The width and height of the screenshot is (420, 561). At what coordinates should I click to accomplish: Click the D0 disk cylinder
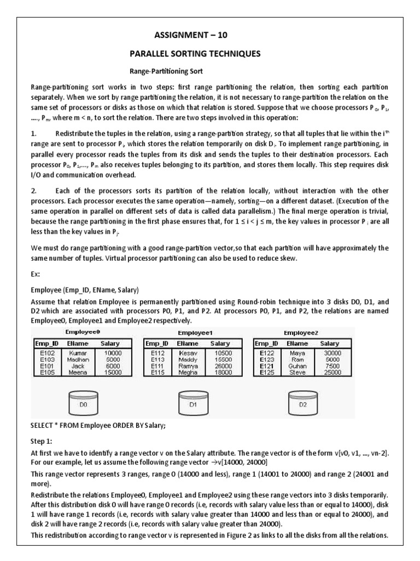83,404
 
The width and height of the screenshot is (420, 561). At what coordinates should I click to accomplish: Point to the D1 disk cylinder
192,404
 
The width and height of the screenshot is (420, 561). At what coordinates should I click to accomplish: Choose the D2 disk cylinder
302,404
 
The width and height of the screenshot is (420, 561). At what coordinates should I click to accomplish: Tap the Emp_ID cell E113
157,360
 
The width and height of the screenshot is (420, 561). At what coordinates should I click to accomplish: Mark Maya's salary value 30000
332,354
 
